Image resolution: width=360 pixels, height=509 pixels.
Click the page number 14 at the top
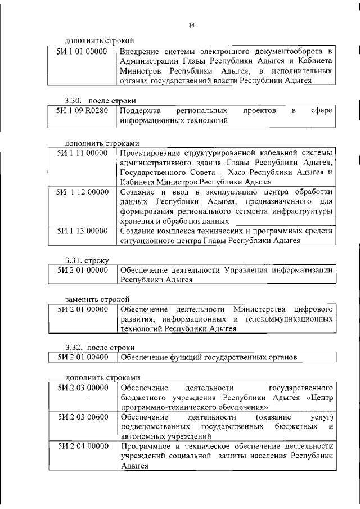[191, 25]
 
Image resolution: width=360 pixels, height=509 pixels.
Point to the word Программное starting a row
[145, 447]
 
